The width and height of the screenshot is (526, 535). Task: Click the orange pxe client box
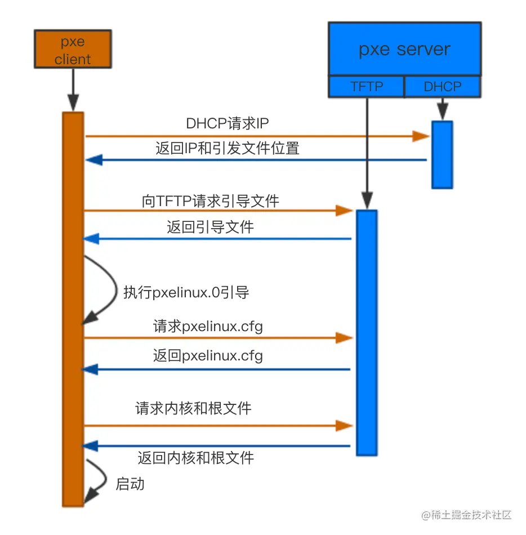pos(73,50)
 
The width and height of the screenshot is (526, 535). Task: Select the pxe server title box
pos(404,49)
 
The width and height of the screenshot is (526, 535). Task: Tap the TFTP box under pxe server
pos(367,87)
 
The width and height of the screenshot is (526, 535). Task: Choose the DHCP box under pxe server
pos(443,87)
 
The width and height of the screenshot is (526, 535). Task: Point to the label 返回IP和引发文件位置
pos(228,149)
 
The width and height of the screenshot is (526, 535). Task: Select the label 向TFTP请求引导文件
pos(210,200)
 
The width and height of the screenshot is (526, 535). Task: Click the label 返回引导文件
pos(210,227)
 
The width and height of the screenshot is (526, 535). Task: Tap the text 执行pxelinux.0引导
pos(186,292)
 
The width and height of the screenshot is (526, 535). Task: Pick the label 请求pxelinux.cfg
pos(208,327)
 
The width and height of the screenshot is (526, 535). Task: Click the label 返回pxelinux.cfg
pos(208,356)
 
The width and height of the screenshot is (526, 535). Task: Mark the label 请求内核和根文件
pos(193,408)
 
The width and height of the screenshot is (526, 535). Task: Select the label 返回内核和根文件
pos(195,457)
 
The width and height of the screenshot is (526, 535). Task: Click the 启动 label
pos(130,483)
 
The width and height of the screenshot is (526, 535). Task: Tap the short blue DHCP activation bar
pos(442,154)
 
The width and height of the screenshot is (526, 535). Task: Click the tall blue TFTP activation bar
pos(366,332)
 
